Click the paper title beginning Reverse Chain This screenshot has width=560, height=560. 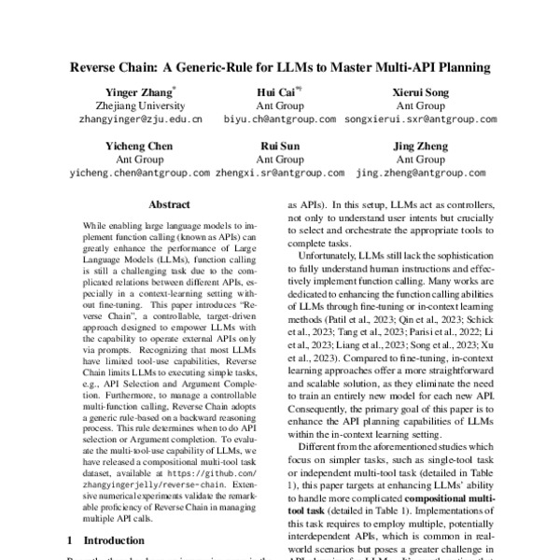tap(280, 68)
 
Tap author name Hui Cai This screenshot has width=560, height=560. tap(278, 93)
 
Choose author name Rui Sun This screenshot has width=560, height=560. tap(278, 147)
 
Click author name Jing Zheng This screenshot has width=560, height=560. tap(414, 147)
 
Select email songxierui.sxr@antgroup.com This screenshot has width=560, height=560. tap(413, 120)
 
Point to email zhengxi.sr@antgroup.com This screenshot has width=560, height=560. tap(279, 173)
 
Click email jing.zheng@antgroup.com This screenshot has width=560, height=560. tap(414, 173)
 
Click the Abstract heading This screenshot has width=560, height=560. tap(170, 204)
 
